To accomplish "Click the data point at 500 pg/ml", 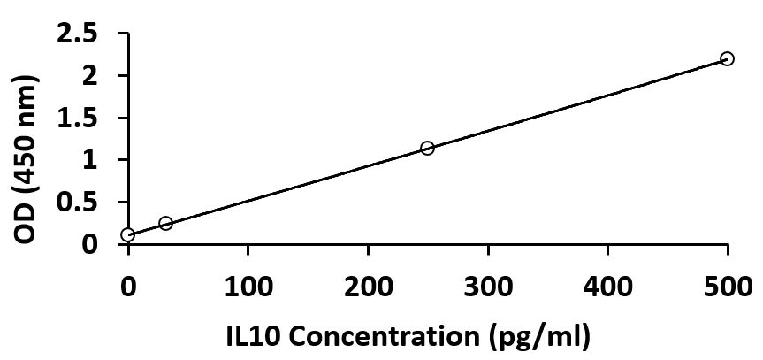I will [727, 58].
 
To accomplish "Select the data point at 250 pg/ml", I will [427, 148].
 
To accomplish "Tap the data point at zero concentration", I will [128, 234].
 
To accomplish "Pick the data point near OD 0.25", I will [165, 223].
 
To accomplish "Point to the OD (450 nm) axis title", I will [27, 160].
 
